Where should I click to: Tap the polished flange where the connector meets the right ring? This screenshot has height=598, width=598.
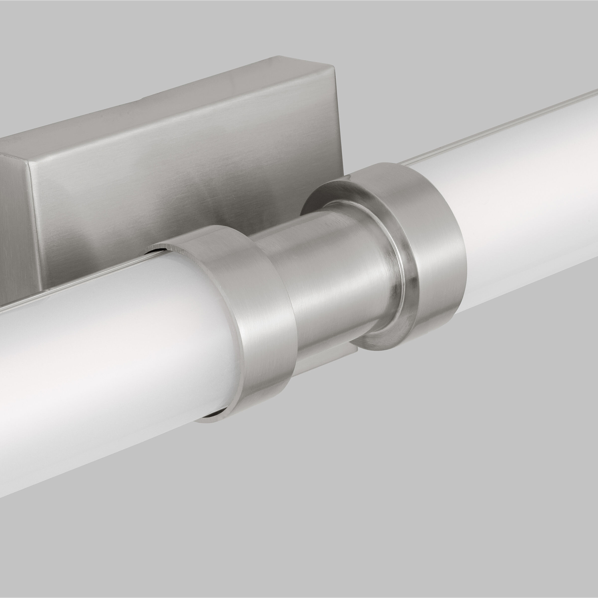tap(399, 279)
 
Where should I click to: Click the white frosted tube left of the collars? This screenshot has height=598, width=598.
tap(108, 356)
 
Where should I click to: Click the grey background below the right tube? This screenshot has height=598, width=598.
tap(464, 464)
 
